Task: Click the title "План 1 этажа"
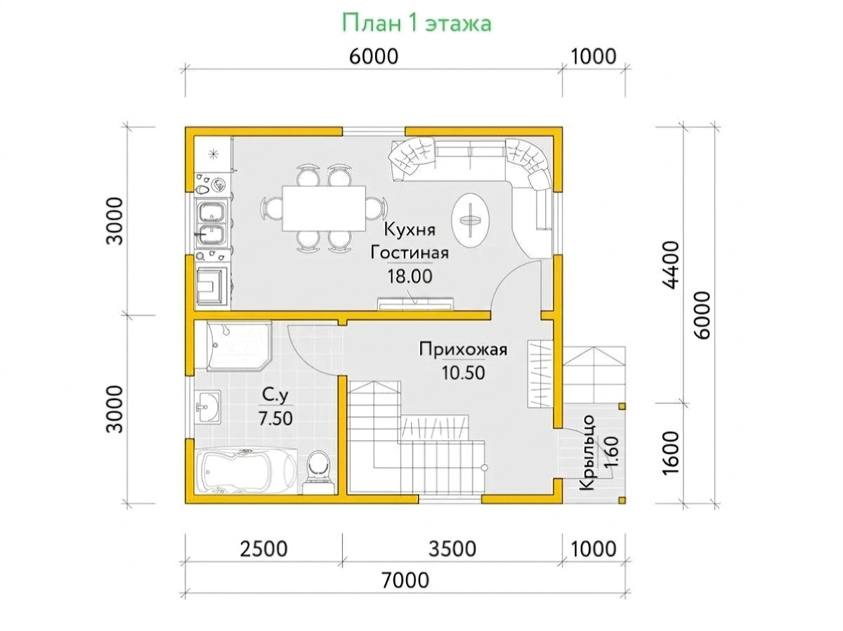click(417, 23)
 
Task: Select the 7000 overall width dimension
click(405, 580)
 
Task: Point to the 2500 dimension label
click(263, 549)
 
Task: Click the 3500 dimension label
click(452, 549)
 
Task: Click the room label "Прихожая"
click(463, 350)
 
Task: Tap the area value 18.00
click(410, 276)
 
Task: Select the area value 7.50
click(275, 418)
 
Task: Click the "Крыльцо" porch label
click(587, 453)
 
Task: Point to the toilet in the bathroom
click(318, 472)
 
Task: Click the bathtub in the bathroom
click(246, 471)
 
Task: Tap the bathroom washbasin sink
click(207, 407)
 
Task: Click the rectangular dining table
click(324, 208)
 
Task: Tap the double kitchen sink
click(211, 223)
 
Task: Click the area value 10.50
click(463, 373)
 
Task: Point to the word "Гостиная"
click(410, 253)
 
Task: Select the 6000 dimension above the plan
click(373, 57)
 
